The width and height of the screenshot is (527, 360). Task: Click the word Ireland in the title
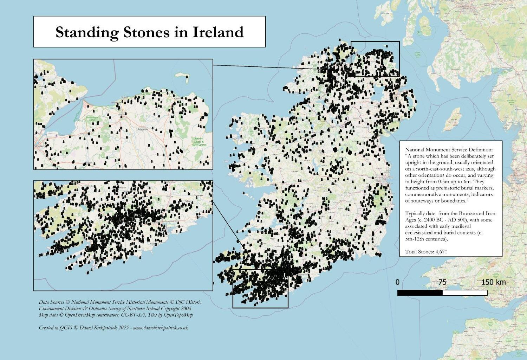218,32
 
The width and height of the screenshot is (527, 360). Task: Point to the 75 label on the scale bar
442,282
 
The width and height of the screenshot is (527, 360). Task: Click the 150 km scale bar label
493,282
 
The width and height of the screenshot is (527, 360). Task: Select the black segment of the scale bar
420,292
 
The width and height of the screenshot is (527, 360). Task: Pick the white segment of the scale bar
465,292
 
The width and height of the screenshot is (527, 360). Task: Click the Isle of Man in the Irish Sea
452,120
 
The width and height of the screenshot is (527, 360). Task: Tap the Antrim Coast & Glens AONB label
198,141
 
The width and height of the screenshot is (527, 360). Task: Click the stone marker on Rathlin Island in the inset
186,78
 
